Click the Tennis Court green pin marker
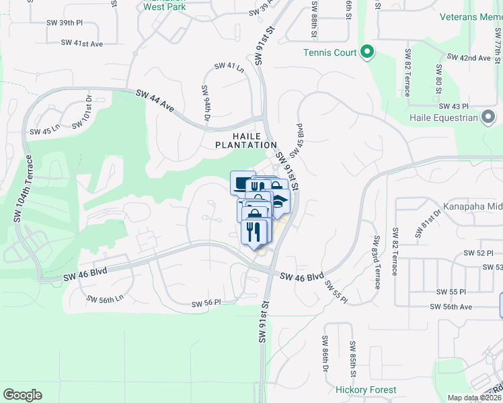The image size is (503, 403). pyautogui.click(x=366, y=52)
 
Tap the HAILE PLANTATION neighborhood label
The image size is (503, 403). pyautogui.click(x=246, y=140)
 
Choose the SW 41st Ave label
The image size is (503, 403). pyautogui.click(x=82, y=43)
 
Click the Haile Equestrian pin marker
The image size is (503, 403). pyautogui.click(x=489, y=118)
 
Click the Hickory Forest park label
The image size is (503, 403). pyautogui.click(x=366, y=390)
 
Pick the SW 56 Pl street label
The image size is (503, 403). pyautogui.click(x=206, y=303)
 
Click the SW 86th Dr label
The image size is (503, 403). pyautogui.click(x=325, y=355)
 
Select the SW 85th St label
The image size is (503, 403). pyautogui.click(x=352, y=358)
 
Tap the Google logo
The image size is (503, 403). pyautogui.click(x=22, y=395)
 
